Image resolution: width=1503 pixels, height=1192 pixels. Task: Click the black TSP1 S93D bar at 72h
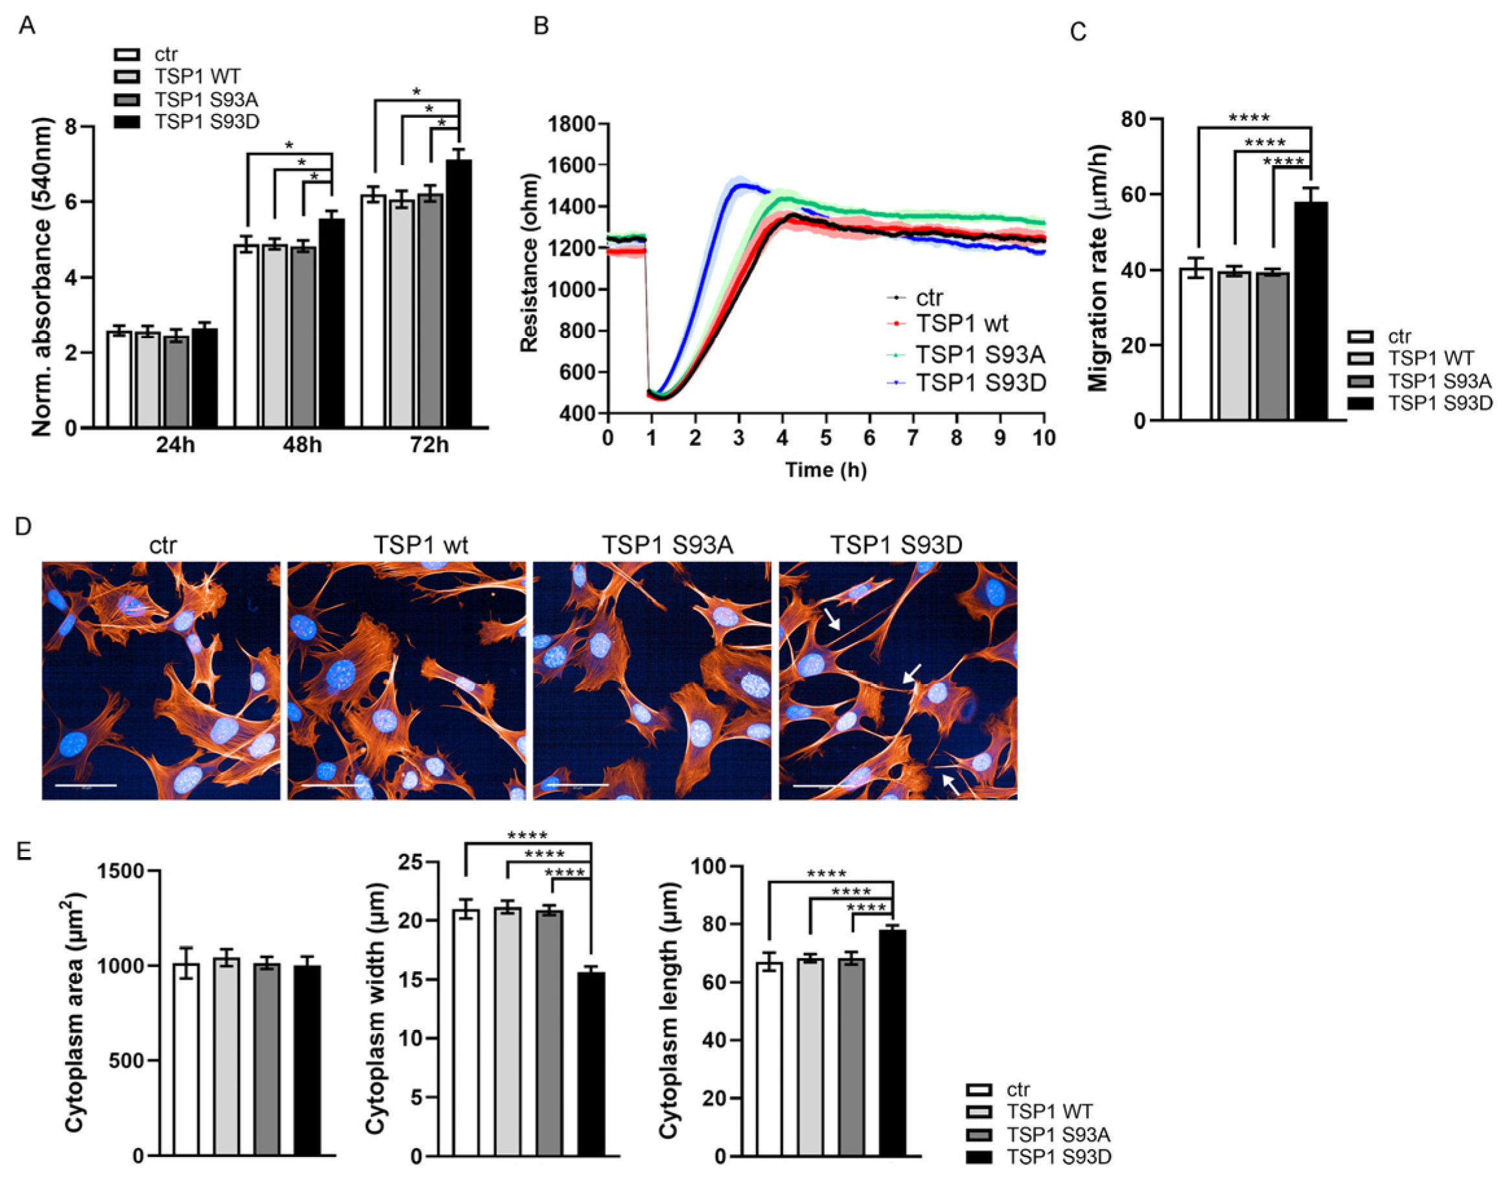(458, 293)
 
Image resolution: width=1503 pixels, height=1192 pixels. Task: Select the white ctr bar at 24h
(119, 380)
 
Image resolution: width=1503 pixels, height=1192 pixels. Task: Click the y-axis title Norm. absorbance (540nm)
(42, 277)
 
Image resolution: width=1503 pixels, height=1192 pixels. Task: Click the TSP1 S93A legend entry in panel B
(980, 355)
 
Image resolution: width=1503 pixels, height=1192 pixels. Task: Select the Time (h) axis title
(826, 470)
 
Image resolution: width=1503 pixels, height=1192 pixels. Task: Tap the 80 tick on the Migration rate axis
(1134, 119)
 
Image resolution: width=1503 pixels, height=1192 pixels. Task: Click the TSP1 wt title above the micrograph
(420, 545)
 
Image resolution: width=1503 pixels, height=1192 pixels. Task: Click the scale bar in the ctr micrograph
(86, 785)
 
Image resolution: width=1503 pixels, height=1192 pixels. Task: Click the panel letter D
(23, 526)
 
